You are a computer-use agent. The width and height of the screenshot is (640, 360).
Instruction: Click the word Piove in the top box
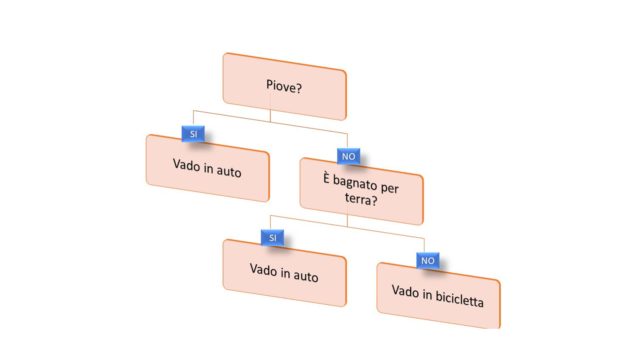[279, 86]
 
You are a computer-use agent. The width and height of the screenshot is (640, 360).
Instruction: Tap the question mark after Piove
[299, 88]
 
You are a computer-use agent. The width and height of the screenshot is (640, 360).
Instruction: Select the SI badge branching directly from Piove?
[193, 134]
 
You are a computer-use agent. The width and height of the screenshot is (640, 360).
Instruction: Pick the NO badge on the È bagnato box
[348, 157]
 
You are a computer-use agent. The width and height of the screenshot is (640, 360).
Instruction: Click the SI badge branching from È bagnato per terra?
[273, 238]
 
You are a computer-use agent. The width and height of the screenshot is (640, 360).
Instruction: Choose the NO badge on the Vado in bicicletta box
[428, 261]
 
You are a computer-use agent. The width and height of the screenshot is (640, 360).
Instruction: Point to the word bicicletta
[459, 299]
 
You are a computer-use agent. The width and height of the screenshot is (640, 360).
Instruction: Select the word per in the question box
[390, 188]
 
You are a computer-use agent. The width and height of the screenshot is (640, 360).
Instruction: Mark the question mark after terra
[374, 201]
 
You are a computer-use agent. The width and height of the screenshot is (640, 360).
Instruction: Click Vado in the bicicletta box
[405, 291]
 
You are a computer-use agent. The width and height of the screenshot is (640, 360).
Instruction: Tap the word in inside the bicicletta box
[427, 294]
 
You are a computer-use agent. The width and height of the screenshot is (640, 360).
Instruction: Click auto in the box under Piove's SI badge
[229, 172]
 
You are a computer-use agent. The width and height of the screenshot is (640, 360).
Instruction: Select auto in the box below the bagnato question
[306, 277]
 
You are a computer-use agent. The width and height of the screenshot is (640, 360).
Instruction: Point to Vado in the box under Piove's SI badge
[186, 165]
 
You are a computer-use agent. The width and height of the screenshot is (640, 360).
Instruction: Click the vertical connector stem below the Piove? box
[270, 113]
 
